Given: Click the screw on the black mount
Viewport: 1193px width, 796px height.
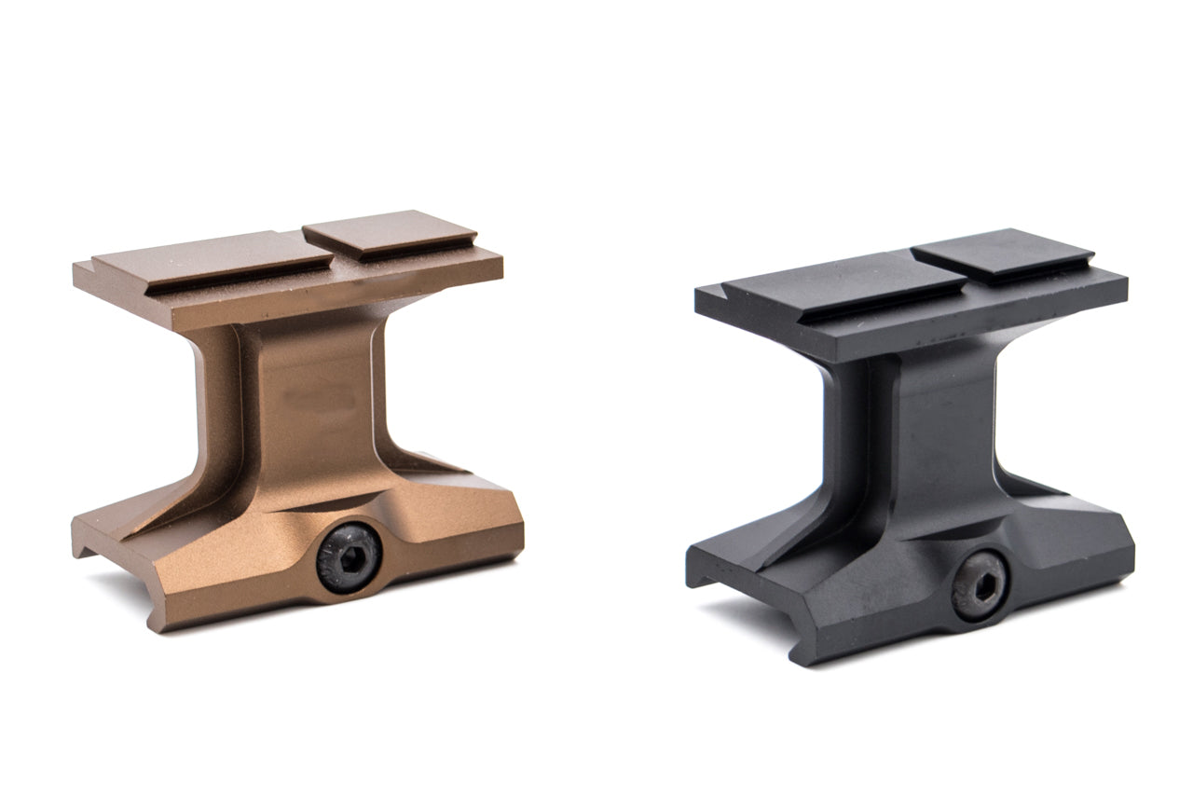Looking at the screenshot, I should pyautogui.click(x=977, y=585).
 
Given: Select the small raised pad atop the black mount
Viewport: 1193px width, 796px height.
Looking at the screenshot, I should pyautogui.click(x=1003, y=253).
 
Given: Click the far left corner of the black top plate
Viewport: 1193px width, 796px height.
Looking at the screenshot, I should pyautogui.click(x=697, y=289).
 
